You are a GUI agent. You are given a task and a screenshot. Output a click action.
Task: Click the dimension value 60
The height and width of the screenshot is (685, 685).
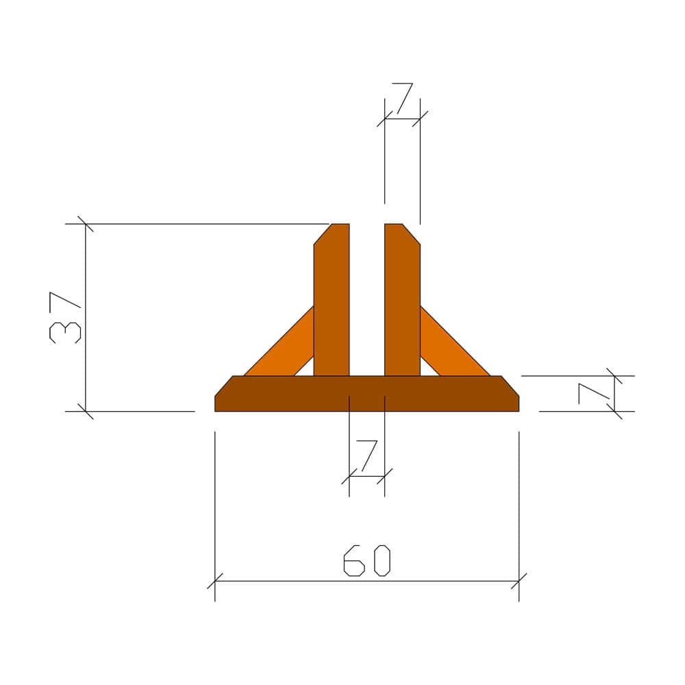tap(367, 560)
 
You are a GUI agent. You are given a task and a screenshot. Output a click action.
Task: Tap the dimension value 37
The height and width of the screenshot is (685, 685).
tap(65, 318)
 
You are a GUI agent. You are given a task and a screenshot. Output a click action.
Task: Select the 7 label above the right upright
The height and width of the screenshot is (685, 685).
tap(402, 98)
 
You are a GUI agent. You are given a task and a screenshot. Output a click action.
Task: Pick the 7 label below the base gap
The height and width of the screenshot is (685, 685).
tap(367, 456)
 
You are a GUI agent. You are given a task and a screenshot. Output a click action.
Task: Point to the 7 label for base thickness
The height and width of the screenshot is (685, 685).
tap(594, 393)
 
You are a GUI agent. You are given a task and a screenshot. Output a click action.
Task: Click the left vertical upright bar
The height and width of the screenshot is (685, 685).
tap(332, 300)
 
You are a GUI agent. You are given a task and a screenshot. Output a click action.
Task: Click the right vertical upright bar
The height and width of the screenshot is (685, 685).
tap(402, 300)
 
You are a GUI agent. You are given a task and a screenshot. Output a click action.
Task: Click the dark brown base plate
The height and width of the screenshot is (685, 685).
tap(367, 394)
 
